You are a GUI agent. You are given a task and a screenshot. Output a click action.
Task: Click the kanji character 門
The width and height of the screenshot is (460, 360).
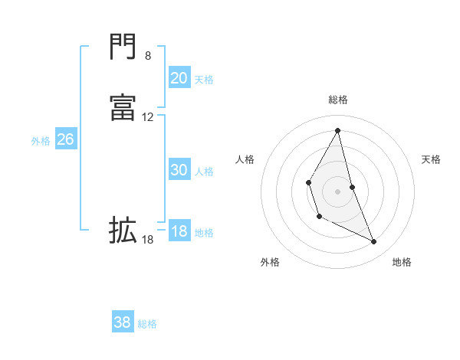(x=123, y=47)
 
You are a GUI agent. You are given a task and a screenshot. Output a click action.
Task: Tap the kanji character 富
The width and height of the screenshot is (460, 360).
(x=123, y=108)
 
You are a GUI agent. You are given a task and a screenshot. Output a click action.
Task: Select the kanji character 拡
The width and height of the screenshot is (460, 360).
(x=123, y=229)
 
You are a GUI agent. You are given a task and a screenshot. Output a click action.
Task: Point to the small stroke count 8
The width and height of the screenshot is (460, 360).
(x=148, y=56)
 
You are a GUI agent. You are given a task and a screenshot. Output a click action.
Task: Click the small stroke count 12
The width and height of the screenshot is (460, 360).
(x=148, y=117)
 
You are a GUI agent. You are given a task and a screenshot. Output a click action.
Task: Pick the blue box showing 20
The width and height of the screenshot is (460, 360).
(x=179, y=77)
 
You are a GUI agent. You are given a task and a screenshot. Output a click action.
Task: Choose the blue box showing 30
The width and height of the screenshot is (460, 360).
(x=179, y=170)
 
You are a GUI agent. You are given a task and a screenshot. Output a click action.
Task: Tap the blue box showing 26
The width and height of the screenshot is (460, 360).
(x=65, y=139)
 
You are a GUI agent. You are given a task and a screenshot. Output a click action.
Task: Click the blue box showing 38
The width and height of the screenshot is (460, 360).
(x=123, y=322)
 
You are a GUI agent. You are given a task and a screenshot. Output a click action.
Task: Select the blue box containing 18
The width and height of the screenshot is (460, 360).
(x=179, y=231)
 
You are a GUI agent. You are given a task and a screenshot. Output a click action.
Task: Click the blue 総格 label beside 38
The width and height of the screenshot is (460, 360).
(x=147, y=324)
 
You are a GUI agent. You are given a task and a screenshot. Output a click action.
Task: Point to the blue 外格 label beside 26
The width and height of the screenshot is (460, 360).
(x=41, y=141)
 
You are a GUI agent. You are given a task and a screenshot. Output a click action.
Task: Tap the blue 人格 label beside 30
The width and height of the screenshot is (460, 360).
(x=205, y=172)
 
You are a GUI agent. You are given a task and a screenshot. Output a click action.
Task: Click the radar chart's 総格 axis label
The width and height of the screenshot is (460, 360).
(x=338, y=100)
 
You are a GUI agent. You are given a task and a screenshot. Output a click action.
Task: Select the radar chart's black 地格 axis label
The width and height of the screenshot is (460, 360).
(x=402, y=262)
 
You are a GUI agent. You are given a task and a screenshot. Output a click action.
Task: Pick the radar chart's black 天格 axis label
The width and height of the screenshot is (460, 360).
(x=432, y=159)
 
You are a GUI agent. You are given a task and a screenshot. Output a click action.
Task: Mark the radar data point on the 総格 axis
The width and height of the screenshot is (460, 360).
(x=338, y=129)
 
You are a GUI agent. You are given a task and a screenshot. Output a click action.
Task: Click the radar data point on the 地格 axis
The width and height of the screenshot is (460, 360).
(x=374, y=242)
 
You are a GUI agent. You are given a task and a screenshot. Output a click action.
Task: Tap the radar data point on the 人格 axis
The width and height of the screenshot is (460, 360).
(x=308, y=182)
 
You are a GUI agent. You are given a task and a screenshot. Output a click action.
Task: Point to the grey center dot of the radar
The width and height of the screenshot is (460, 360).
(x=338, y=191)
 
